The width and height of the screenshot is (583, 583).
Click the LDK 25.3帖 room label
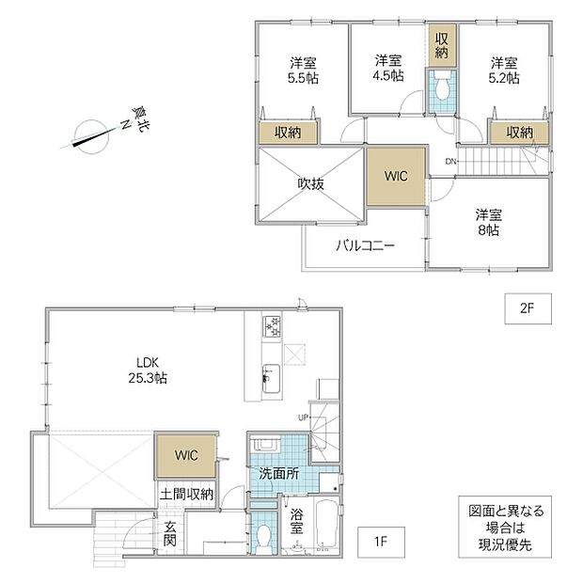(148, 370)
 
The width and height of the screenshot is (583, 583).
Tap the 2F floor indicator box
(528, 308)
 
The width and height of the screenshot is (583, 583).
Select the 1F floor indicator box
(381, 542)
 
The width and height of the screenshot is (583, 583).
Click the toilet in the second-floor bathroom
(442, 89)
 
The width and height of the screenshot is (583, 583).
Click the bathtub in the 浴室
(326, 525)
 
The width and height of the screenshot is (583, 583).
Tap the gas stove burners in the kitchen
(272, 327)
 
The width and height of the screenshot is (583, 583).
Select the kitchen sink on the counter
(271, 378)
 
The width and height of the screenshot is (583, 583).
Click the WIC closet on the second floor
(396, 176)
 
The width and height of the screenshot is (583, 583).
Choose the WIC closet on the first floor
(186, 455)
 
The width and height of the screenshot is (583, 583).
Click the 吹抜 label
(311, 183)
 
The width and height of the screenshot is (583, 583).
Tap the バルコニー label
(365, 245)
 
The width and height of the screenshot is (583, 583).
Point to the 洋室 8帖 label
(489, 222)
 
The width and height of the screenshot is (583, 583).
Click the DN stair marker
(450, 162)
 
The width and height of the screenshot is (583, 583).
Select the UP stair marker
(303, 418)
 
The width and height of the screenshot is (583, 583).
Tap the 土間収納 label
(186, 494)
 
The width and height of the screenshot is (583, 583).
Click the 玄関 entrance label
(170, 533)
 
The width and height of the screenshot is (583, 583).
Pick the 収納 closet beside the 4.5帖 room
(442, 45)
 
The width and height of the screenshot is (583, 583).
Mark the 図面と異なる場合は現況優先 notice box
(505, 527)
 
